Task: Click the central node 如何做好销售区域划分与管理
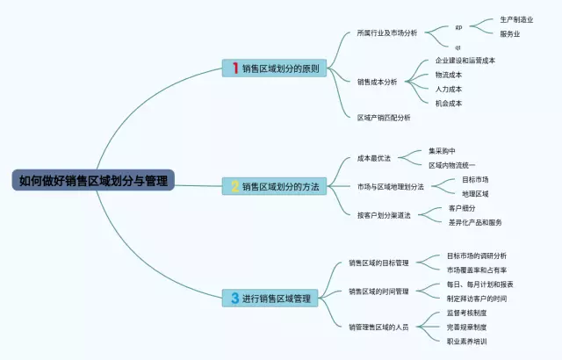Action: click(93, 181)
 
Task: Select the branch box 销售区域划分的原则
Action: click(275, 68)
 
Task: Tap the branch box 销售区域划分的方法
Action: click(275, 186)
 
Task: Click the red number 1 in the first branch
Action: click(235, 68)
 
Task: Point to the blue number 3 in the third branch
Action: click(235, 299)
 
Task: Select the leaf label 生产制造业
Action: click(516, 19)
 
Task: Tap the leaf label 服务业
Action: click(510, 34)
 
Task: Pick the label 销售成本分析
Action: click(377, 82)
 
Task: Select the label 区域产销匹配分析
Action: click(384, 117)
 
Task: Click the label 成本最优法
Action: click(374, 159)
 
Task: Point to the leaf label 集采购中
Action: click(442, 151)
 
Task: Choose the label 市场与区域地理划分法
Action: click(391, 186)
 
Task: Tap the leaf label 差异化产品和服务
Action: click(475, 222)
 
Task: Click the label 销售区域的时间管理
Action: click(378, 291)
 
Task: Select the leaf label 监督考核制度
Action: click(466, 313)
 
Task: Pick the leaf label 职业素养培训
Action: click(466, 341)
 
